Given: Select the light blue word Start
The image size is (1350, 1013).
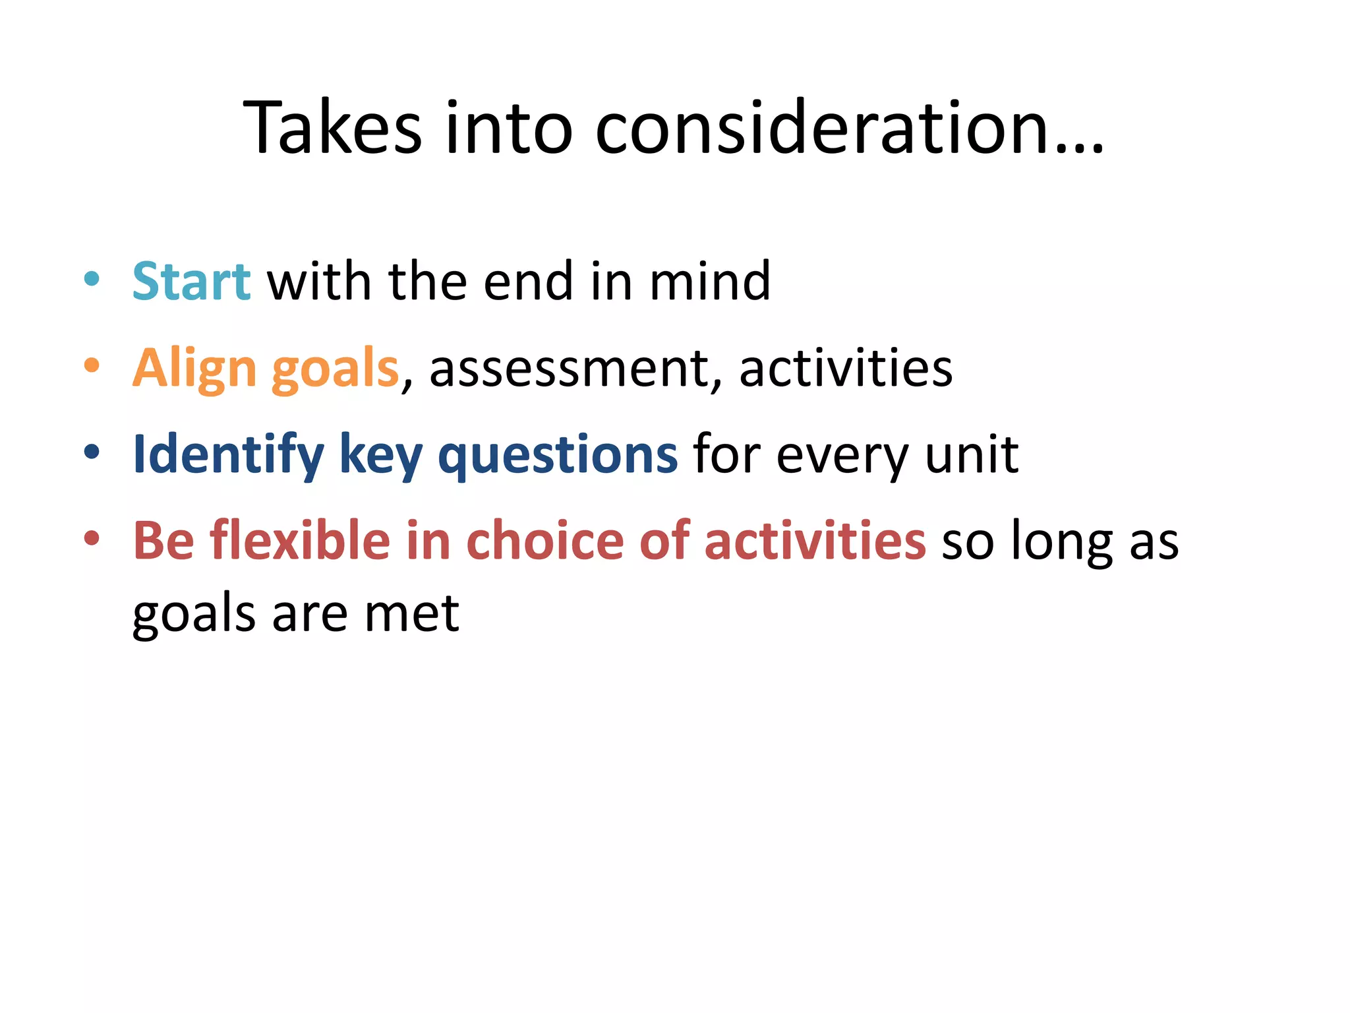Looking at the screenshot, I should (x=191, y=281).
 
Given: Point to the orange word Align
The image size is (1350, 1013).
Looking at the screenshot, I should (x=194, y=368).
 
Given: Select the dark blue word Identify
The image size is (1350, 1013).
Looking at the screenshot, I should (x=228, y=455).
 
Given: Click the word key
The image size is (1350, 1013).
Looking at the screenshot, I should (x=381, y=455).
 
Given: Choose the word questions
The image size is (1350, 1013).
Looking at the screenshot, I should (x=558, y=455).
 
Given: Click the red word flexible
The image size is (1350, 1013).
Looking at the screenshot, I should (x=300, y=541).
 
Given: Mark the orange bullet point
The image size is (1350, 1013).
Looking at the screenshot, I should (x=92, y=365).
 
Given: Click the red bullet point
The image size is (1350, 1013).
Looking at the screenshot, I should (x=92, y=538).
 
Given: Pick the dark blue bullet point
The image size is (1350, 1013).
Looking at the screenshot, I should (x=92, y=452).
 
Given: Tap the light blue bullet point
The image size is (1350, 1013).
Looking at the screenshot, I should (x=92, y=278).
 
